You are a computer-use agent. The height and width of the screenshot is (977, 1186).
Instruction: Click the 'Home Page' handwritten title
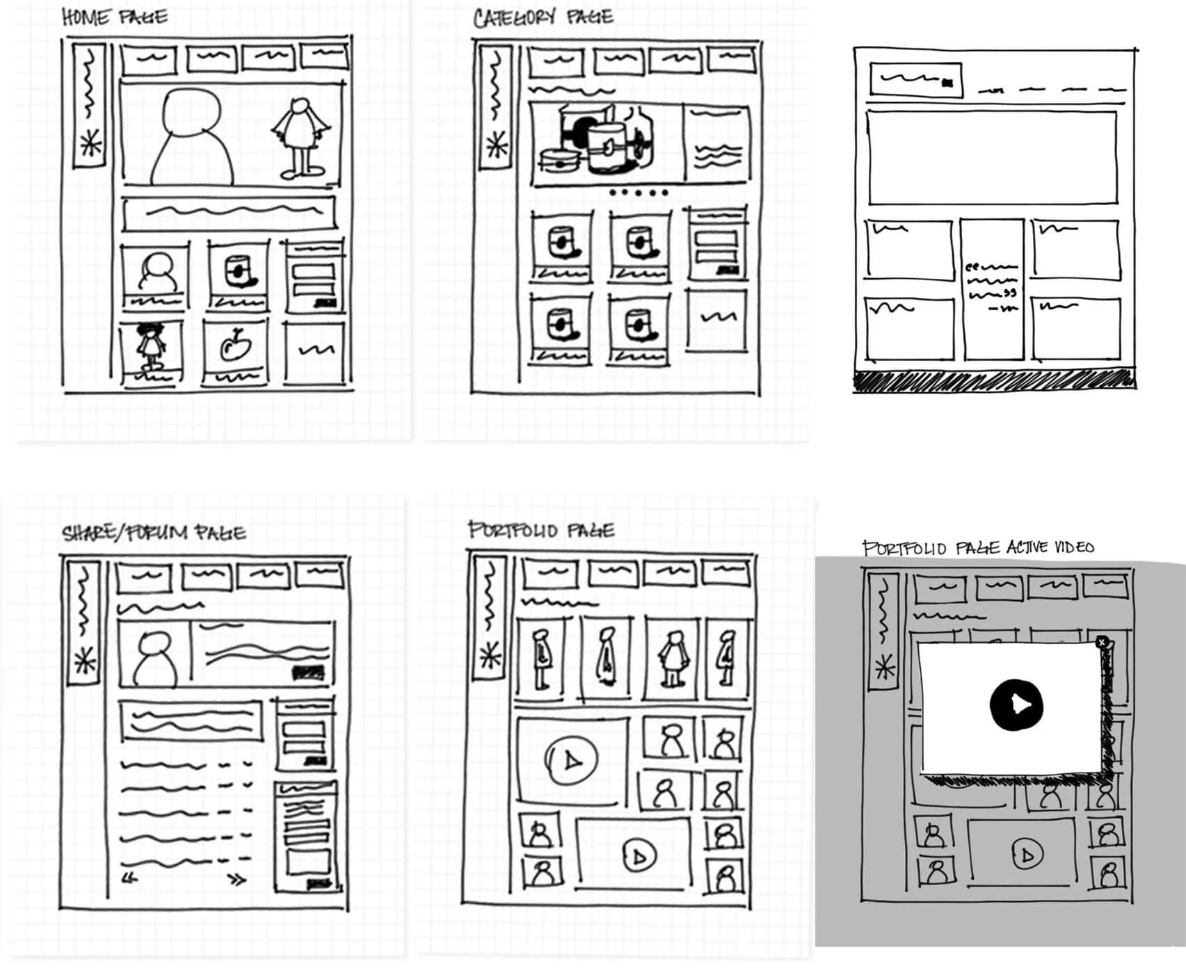pyautogui.click(x=114, y=17)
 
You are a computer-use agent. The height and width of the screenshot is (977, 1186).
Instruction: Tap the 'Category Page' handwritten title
pyautogui.click(x=542, y=17)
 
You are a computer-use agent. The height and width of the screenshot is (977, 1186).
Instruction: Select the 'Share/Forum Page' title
pyautogui.click(x=154, y=533)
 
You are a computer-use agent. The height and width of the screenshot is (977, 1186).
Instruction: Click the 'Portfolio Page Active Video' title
pyautogui.click(x=977, y=548)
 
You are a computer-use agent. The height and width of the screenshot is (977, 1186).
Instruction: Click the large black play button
pyautogui.click(x=1016, y=705)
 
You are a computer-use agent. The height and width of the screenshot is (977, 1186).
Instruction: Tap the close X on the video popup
pyautogui.click(x=1101, y=643)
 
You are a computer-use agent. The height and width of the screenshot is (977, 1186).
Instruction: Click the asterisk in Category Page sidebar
pyautogui.click(x=497, y=146)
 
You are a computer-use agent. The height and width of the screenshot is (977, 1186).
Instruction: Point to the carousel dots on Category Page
pyautogui.click(x=637, y=193)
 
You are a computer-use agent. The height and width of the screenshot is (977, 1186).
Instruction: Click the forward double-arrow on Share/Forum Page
pyautogui.click(x=238, y=880)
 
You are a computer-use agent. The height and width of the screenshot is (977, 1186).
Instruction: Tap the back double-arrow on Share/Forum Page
pyautogui.click(x=130, y=878)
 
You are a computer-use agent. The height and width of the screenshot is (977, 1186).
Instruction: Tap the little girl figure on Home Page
pyautogui.click(x=150, y=345)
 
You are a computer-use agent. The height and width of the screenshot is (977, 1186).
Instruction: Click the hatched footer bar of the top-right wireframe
pyautogui.click(x=994, y=380)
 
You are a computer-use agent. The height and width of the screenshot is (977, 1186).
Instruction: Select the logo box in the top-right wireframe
pyautogui.click(x=915, y=80)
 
